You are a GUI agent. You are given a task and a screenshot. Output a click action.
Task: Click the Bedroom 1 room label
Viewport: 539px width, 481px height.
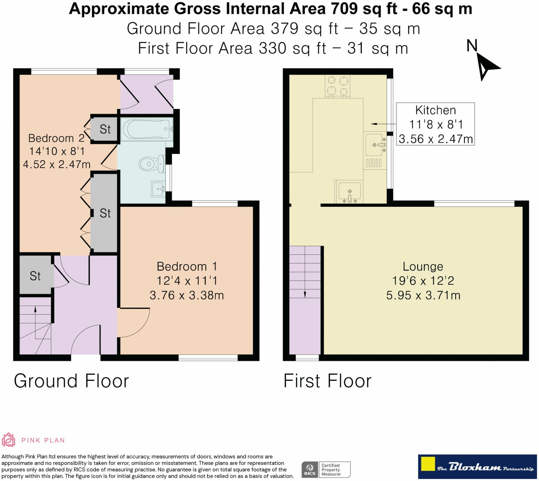(187, 266)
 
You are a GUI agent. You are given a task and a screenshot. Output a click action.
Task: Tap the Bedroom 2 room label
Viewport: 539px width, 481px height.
(56, 138)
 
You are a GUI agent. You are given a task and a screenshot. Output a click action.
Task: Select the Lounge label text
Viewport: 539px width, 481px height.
(423, 267)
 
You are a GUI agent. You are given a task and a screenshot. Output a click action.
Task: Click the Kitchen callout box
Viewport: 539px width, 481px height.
(435, 124)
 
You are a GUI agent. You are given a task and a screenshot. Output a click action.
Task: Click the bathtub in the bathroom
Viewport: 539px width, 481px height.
(147, 129)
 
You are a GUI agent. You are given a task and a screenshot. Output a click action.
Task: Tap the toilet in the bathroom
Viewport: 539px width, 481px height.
(152, 164)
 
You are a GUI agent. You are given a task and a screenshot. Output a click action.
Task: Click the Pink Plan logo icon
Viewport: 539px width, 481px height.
(9, 440)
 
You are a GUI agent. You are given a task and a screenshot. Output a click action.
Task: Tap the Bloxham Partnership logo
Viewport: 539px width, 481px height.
(477, 467)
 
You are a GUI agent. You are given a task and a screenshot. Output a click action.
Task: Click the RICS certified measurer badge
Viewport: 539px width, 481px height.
(326, 469)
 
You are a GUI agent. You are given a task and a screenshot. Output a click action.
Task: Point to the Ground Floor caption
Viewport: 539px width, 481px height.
(71, 381)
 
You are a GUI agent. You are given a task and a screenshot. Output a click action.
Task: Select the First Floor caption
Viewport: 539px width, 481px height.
(327, 381)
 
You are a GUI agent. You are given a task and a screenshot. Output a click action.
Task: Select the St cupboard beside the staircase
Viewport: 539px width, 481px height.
(35, 275)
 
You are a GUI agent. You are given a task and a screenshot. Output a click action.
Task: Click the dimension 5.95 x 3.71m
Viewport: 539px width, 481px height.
(423, 295)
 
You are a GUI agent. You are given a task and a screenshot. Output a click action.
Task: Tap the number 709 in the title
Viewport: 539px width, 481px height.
(344, 9)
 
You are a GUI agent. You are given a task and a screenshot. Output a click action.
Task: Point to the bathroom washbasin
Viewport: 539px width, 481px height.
(158, 189)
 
